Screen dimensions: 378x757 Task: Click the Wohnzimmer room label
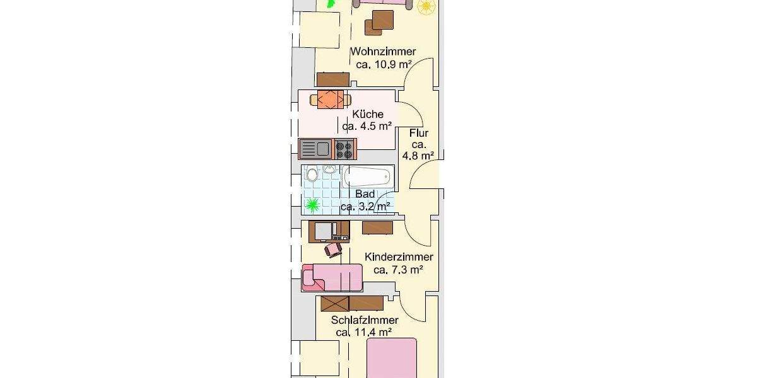click(x=383, y=52)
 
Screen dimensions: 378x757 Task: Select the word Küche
click(x=368, y=114)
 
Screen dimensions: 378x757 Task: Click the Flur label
click(x=419, y=134)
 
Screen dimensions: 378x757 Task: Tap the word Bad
click(x=365, y=194)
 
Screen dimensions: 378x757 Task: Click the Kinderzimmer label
click(x=399, y=257)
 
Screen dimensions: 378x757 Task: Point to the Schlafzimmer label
click(x=365, y=320)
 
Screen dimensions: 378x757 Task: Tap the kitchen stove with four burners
click(x=344, y=149)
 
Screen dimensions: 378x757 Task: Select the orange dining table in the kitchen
click(x=330, y=100)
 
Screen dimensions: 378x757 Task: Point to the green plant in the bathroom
click(x=312, y=204)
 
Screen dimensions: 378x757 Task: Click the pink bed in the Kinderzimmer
click(x=332, y=277)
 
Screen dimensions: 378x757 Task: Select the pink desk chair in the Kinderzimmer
click(x=332, y=250)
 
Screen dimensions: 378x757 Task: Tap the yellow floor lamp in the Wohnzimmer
click(x=426, y=6)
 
